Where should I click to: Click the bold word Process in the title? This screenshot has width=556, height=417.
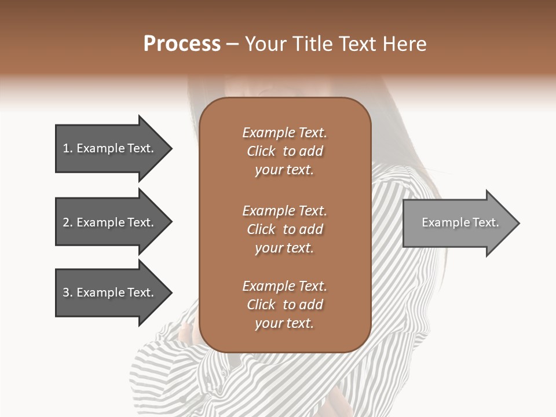(x=182, y=44)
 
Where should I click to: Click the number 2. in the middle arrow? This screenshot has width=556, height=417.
(x=68, y=222)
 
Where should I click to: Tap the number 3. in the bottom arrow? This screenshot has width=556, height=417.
(x=68, y=292)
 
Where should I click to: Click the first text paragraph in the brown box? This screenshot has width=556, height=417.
(x=284, y=151)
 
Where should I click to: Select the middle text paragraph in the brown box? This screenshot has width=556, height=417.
(x=284, y=229)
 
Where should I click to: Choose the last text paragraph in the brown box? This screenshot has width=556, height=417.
(x=284, y=305)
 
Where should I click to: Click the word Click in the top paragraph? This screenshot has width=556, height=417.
(x=261, y=151)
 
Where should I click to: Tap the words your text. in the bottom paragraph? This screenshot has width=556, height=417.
(x=284, y=323)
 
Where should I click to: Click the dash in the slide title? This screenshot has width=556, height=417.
(x=233, y=44)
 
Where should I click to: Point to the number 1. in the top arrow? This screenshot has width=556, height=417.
(x=68, y=148)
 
